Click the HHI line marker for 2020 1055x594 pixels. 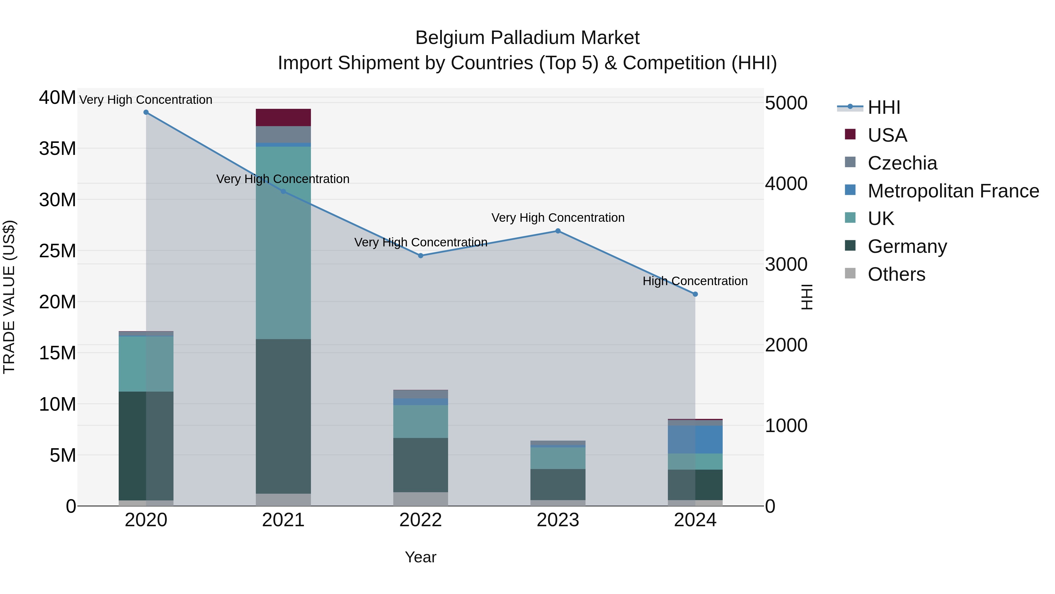(x=146, y=112)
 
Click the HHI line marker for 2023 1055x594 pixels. (x=558, y=231)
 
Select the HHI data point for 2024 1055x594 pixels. (x=695, y=294)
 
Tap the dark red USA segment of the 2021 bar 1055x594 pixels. (x=283, y=118)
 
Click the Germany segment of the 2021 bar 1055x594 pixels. (x=283, y=416)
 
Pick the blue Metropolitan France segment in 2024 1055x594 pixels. (x=695, y=439)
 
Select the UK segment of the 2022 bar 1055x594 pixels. (x=421, y=422)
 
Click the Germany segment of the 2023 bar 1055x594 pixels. (x=558, y=485)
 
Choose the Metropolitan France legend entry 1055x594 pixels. (x=953, y=191)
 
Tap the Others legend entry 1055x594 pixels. (x=896, y=274)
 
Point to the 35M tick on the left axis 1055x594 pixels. (x=57, y=148)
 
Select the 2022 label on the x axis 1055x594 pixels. (x=421, y=520)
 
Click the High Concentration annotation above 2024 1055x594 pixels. (x=695, y=281)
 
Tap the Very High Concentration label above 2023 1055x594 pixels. (x=558, y=218)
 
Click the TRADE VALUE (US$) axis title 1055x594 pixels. (x=9, y=297)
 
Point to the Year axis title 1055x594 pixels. (x=421, y=557)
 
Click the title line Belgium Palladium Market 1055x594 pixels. (x=527, y=38)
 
